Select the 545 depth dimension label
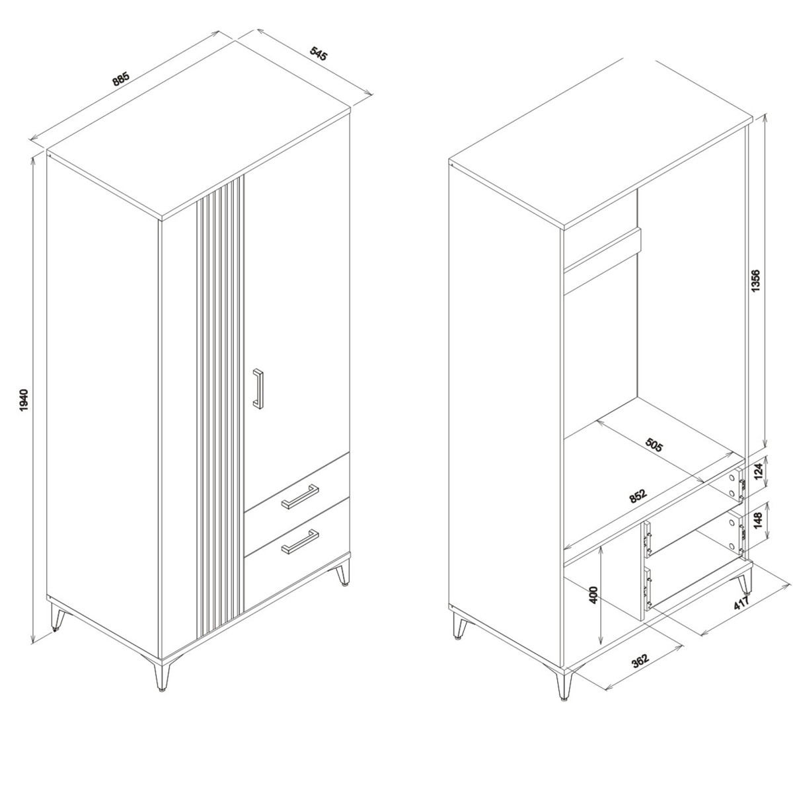point(318,54)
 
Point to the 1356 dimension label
point(756,281)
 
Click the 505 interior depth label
point(654,445)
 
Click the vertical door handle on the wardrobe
point(258,389)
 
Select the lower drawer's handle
point(299,542)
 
